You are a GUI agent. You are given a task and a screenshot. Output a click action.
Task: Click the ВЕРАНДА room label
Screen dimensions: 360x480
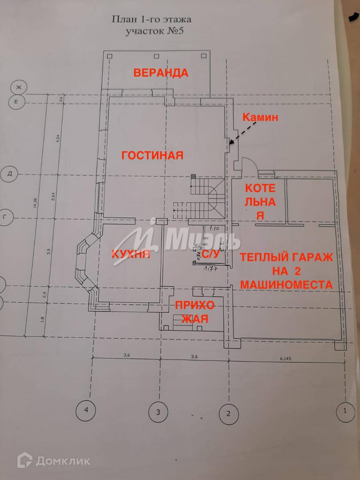coord(161,73)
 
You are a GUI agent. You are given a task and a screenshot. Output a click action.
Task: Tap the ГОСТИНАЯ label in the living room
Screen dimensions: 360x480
coord(152,155)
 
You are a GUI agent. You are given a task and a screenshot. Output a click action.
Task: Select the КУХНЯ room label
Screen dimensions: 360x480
coord(131,255)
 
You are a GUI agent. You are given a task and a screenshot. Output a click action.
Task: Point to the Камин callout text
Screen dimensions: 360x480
coord(260,117)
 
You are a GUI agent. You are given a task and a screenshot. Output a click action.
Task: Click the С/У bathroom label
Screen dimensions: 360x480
coord(211,255)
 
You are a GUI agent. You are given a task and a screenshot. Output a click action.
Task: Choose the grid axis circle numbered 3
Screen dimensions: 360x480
coord(158,412)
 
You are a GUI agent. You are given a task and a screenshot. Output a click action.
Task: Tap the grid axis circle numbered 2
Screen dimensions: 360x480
coord(228,414)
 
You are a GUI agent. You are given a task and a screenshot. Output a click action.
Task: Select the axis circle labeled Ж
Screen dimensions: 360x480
coord(19,87)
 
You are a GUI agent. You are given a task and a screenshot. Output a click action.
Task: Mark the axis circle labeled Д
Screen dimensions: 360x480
coord(9,174)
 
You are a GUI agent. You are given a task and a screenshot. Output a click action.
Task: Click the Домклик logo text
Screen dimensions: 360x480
coord(63,461)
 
